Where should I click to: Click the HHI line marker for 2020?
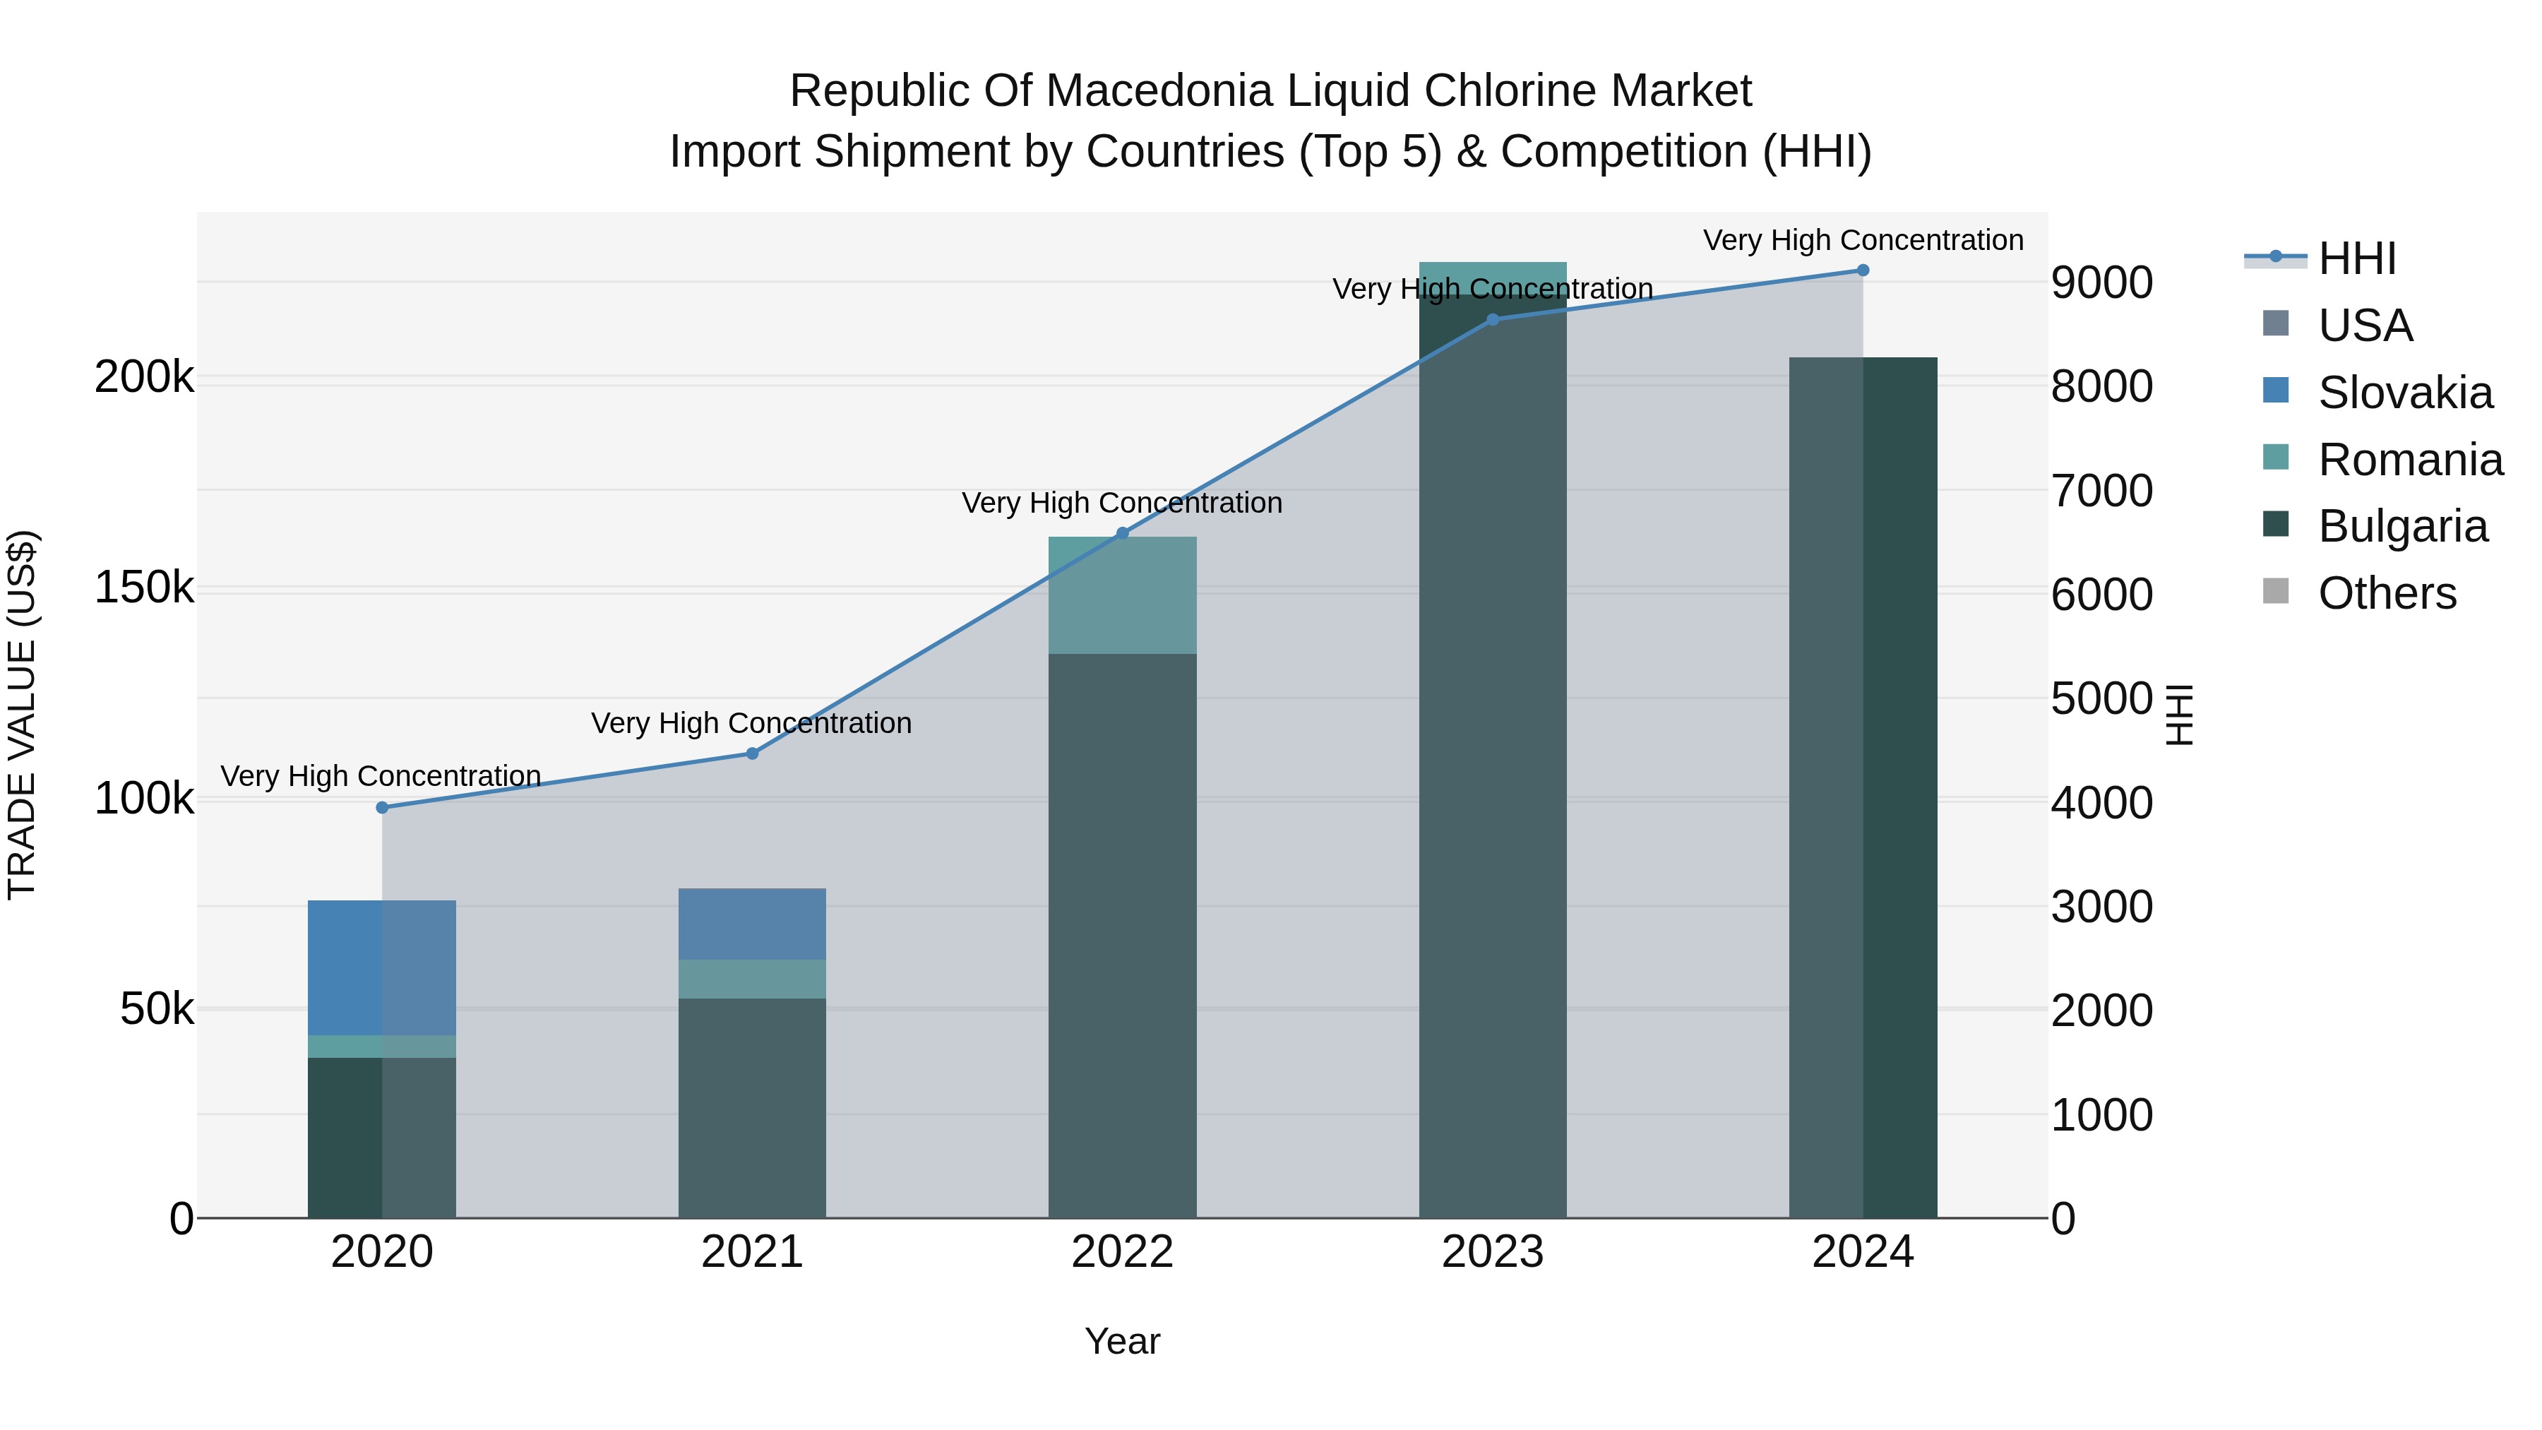pyautogui.click(x=382, y=807)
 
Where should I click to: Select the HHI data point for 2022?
pyautogui.click(x=1122, y=533)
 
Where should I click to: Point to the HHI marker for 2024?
pyautogui.click(x=1862, y=270)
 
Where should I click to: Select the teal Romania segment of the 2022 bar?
pyautogui.click(x=1122, y=595)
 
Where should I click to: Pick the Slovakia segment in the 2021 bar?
pyautogui.click(x=752, y=924)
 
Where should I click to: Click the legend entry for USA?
pyautogui.click(x=2364, y=326)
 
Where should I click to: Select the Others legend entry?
pyautogui.click(x=2386, y=594)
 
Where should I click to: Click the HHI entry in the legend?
pyautogui.click(x=2356, y=258)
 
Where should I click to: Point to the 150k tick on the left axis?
pyautogui.click(x=144, y=588)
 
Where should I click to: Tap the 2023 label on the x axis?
pyautogui.click(x=1492, y=1252)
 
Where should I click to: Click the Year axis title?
pyautogui.click(x=1122, y=1341)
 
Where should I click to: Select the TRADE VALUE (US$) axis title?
pyautogui.click(x=22, y=715)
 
